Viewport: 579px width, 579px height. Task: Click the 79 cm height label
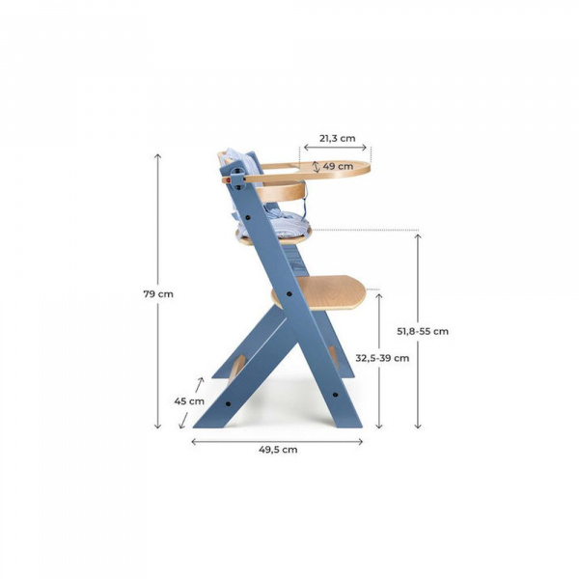tap(158, 293)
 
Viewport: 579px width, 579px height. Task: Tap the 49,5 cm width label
tap(277, 449)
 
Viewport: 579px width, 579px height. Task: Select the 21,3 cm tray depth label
tap(337, 138)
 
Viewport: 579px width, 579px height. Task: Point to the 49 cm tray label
tap(337, 166)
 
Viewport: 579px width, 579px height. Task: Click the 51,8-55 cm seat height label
tap(423, 331)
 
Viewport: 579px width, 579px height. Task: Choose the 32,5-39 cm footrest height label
tap(382, 357)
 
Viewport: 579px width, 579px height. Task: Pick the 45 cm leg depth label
tap(189, 400)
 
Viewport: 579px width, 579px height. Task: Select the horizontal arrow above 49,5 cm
tap(277, 441)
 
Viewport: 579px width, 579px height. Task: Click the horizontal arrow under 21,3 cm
tap(335, 149)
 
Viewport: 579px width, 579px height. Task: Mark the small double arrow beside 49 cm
tap(315, 166)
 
